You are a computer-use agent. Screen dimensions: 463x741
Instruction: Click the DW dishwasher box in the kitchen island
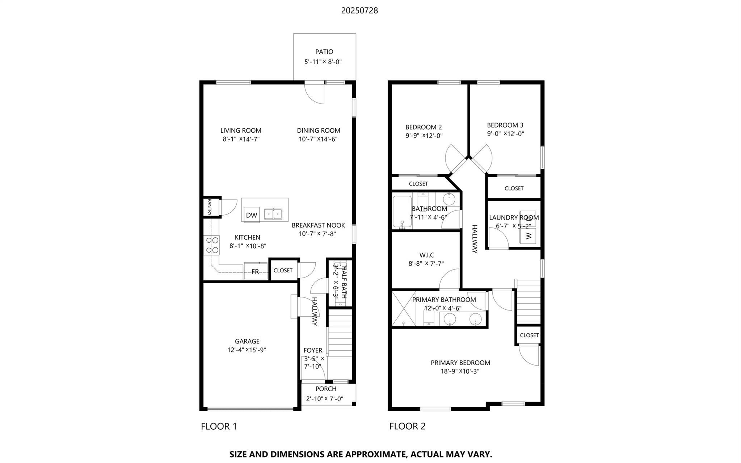point(251,215)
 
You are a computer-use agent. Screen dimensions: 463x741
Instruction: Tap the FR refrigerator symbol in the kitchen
point(255,271)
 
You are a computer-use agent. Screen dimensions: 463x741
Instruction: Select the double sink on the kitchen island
point(273,214)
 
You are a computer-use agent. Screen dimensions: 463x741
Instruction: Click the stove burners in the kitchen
point(211,245)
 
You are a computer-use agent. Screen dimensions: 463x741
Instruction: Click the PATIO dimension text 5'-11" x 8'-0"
point(323,62)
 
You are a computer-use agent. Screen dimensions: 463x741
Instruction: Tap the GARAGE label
point(247,341)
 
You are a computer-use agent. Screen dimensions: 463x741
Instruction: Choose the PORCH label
point(326,389)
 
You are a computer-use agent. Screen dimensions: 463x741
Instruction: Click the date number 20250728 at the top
point(359,11)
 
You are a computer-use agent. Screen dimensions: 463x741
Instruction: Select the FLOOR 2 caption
point(407,426)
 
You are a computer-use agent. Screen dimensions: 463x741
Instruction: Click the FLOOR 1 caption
point(219,426)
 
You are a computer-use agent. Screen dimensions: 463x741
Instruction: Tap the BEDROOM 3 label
point(505,125)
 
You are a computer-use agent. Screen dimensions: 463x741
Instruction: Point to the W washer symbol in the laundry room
point(529,235)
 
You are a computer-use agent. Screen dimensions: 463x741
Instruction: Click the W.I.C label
point(426,255)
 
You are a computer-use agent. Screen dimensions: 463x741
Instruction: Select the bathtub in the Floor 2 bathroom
point(402,213)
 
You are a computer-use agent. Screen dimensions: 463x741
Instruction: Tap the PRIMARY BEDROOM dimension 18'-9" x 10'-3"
point(460,371)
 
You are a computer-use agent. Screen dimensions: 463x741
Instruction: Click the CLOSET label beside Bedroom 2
point(418,184)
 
